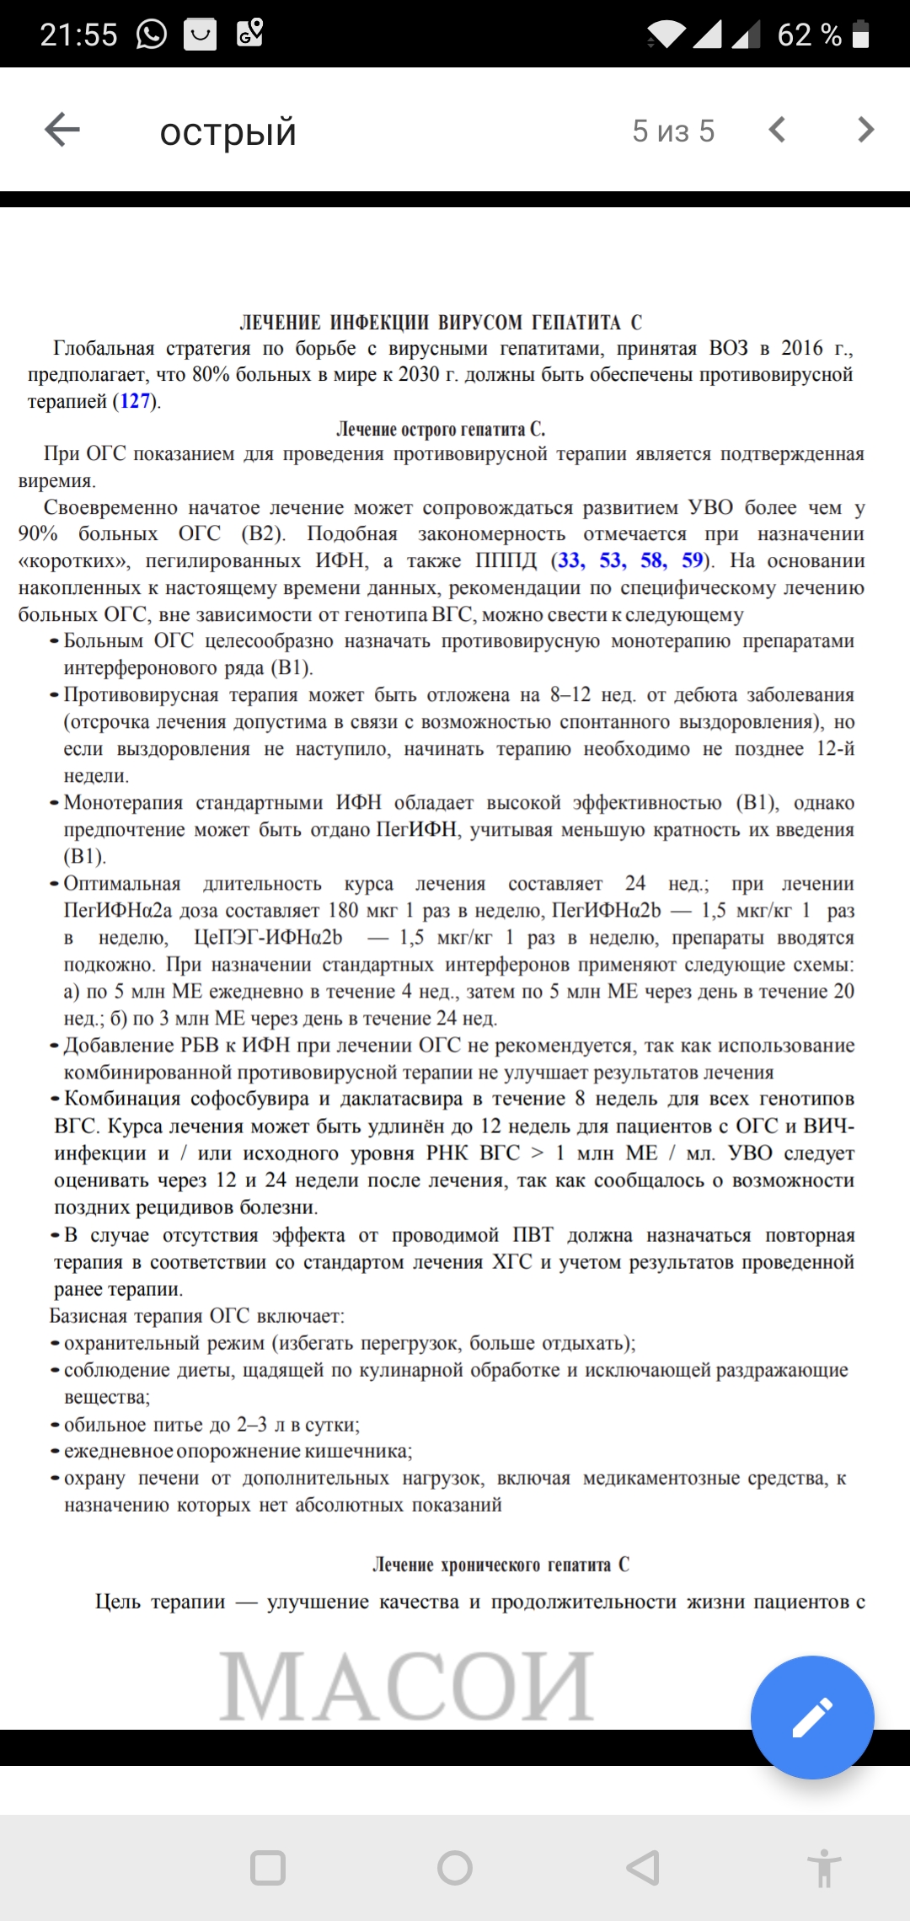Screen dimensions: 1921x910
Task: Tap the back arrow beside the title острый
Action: coord(62,130)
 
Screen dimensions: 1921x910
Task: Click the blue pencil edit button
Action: coord(812,1717)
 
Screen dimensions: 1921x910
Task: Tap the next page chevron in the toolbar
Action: coord(865,130)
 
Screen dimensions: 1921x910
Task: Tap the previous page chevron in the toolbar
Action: coord(777,130)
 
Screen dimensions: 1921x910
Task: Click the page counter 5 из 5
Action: coord(673,131)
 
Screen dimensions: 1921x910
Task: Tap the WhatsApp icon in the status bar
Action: coord(152,35)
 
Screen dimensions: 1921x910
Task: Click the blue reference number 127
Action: coord(135,401)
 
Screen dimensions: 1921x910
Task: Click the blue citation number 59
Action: coord(692,561)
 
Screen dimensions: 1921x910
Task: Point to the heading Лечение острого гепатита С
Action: coord(441,429)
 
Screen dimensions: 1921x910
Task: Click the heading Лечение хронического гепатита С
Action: coord(500,1565)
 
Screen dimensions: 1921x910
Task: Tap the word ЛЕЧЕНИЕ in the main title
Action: coord(281,323)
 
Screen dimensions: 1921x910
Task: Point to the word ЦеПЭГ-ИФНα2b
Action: coord(268,938)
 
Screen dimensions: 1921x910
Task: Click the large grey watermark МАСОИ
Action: coord(407,1687)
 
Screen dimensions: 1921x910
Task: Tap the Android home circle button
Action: coord(455,1868)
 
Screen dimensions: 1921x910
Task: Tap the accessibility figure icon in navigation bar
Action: coord(824,1868)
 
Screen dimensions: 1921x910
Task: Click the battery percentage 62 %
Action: coord(809,35)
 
